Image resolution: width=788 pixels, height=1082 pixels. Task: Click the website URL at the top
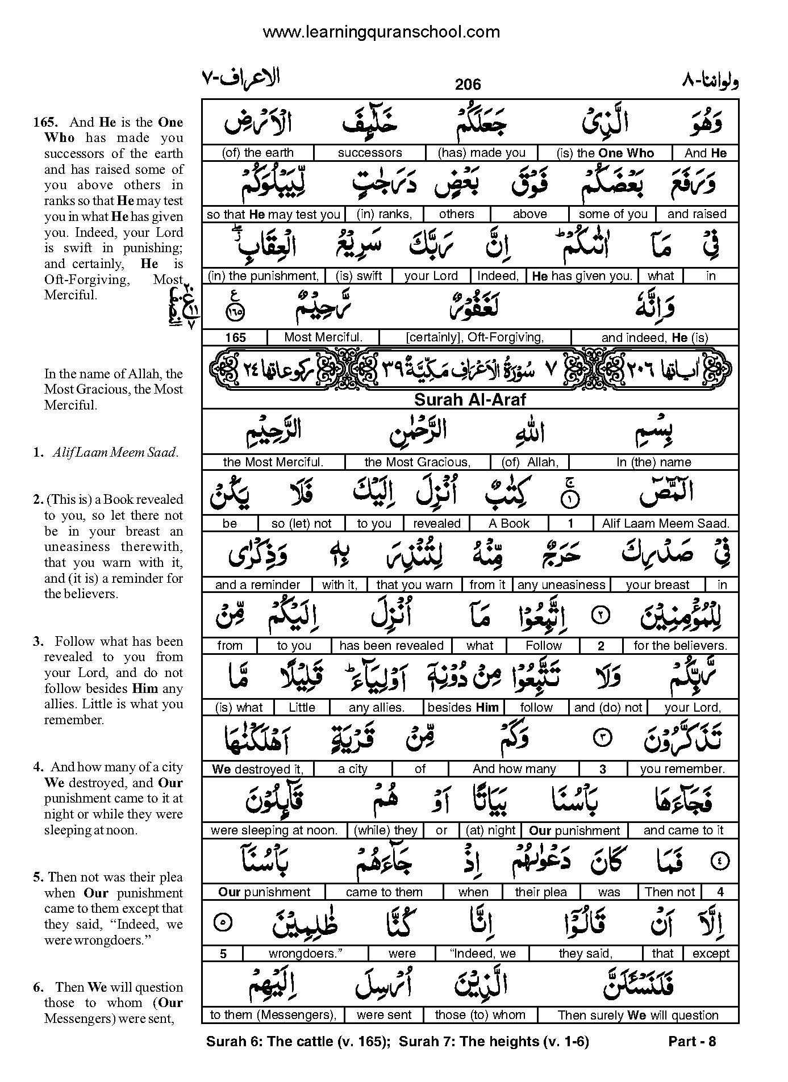[x=381, y=32]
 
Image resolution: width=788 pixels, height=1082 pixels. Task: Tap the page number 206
[x=468, y=85]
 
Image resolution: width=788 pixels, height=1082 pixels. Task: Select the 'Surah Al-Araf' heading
[x=470, y=399]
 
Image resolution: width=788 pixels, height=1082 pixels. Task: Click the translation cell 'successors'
[x=369, y=153]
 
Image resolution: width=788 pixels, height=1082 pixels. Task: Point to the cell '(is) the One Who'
[x=605, y=153]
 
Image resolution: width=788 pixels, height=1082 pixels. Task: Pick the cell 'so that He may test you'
[x=273, y=214]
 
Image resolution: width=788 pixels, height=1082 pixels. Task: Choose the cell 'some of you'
[x=612, y=214]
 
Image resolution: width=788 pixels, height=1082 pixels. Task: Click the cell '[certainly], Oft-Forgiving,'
[x=475, y=337]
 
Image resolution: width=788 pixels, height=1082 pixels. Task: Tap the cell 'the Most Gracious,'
[x=417, y=462]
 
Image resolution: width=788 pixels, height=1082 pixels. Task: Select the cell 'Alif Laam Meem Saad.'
[x=666, y=524]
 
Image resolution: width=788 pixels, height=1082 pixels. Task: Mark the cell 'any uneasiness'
[x=561, y=585]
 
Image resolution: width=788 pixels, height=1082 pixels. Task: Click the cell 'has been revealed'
[x=391, y=646]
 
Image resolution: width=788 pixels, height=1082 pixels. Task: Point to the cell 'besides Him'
[x=463, y=708]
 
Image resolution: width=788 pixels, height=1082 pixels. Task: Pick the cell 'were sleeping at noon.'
[x=274, y=830]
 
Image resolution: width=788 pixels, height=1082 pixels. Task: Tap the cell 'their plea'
[x=541, y=892]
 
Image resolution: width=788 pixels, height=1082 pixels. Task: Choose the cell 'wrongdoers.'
[x=306, y=954]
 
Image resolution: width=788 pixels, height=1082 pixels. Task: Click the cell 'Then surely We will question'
[x=637, y=1015]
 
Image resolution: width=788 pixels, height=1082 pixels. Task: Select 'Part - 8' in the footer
[x=692, y=1042]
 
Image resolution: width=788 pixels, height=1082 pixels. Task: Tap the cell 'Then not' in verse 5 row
[x=670, y=892]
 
